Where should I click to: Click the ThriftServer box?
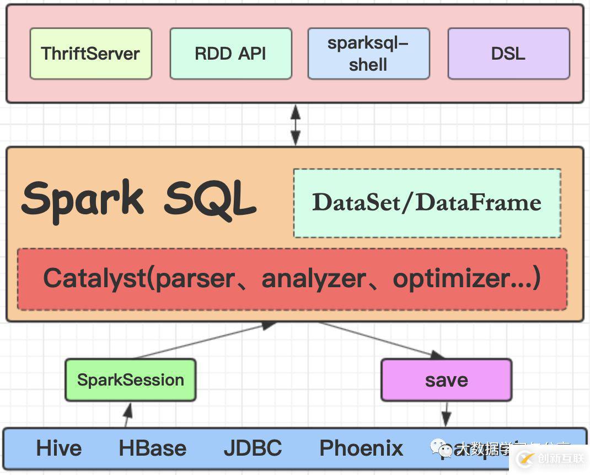pyautogui.click(x=90, y=54)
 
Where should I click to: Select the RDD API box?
pyautogui.click(x=230, y=54)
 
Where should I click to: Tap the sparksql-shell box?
pyautogui.click(x=368, y=54)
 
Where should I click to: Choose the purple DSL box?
pyautogui.click(x=508, y=54)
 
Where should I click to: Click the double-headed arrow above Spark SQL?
pyautogui.click(x=296, y=125)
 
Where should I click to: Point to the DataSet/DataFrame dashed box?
pyautogui.click(x=427, y=203)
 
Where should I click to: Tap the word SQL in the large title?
pyautogui.click(x=210, y=199)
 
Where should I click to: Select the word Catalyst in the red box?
pyautogui.click(x=94, y=278)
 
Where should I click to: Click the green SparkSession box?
pyautogui.click(x=130, y=380)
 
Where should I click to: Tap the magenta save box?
pyautogui.click(x=446, y=380)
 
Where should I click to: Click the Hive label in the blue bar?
pyautogui.click(x=58, y=448)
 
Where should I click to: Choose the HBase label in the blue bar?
pyautogui.click(x=152, y=448)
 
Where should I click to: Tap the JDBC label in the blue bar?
pyautogui.click(x=253, y=448)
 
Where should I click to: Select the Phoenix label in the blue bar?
pyautogui.click(x=361, y=448)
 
